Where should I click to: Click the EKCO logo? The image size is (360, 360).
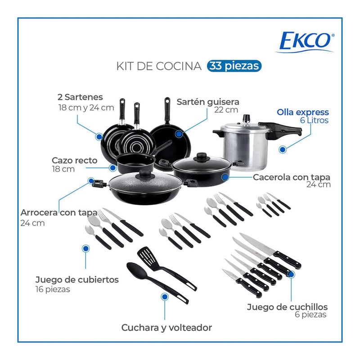tap(305, 42)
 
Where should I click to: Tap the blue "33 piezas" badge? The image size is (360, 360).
tap(234, 66)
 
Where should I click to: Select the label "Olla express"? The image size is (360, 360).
tap(302, 112)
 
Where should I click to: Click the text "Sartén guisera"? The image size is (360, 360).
tap(208, 102)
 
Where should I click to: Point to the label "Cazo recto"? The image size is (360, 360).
tap(75, 160)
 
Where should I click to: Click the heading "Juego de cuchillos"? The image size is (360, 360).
tap(287, 307)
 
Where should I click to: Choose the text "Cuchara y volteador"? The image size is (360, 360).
tap(166, 328)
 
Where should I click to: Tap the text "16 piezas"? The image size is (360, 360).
tap(53, 289)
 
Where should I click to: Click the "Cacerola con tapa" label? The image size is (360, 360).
tap(292, 177)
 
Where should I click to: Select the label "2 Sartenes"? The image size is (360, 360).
tap(80, 97)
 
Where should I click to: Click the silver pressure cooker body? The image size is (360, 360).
tap(246, 149)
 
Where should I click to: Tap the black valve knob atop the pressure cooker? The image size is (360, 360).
tap(247, 118)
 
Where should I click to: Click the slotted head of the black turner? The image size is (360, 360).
tap(147, 256)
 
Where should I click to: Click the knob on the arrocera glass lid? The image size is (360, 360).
tap(145, 174)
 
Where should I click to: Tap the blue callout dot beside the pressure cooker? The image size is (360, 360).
tap(283, 149)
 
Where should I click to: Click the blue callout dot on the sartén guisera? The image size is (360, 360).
tap(179, 134)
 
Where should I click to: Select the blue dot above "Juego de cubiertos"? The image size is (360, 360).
tap(86, 248)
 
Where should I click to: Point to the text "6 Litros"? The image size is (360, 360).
tap(314, 120)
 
